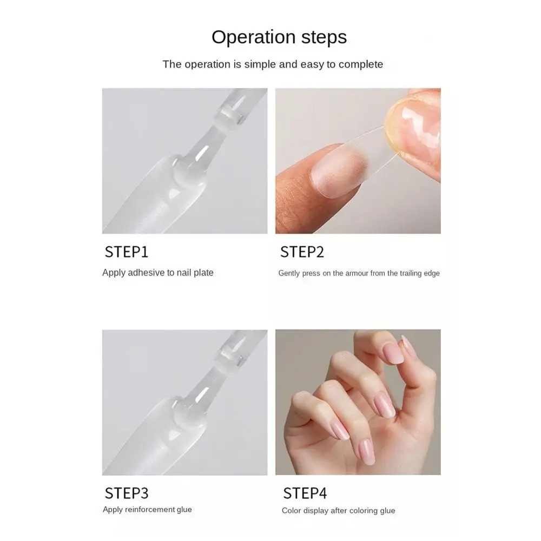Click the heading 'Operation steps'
[279, 37]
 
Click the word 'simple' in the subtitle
[260, 64]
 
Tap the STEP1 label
[126, 252]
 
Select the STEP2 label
[302, 252]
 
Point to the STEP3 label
[126, 493]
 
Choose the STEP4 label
[305, 493]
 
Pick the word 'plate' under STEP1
[203, 273]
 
